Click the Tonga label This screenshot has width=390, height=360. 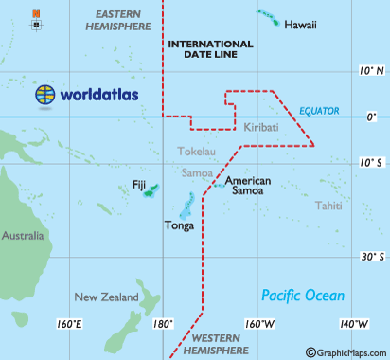(x=179, y=226)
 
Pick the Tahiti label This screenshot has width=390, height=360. (x=328, y=206)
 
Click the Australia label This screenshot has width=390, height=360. (x=23, y=235)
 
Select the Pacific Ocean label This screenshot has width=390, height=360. (x=303, y=295)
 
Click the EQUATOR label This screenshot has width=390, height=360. (x=319, y=111)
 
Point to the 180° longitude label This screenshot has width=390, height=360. (x=163, y=325)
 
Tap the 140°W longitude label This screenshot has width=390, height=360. (x=354, y=325)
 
